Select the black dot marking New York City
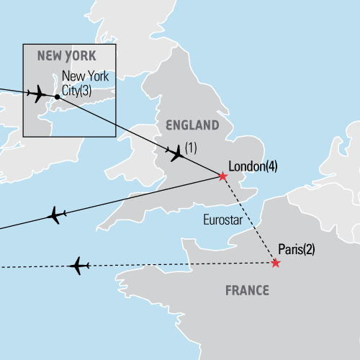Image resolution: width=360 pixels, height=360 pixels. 57,96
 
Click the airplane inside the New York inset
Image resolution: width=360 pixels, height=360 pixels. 37,94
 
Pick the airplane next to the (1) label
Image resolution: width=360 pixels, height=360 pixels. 174,152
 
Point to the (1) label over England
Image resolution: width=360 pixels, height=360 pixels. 191,148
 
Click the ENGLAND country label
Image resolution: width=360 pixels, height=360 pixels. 192,125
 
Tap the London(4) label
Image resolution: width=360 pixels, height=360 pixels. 252,166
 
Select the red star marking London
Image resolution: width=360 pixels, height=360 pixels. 222,176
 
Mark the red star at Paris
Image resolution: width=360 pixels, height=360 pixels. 276,264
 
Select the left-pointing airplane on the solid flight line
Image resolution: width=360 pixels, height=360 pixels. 55,215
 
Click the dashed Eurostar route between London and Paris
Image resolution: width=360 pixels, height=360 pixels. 248,220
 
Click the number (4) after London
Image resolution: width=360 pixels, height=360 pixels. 271,166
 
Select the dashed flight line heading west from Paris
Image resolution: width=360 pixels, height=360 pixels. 180,265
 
